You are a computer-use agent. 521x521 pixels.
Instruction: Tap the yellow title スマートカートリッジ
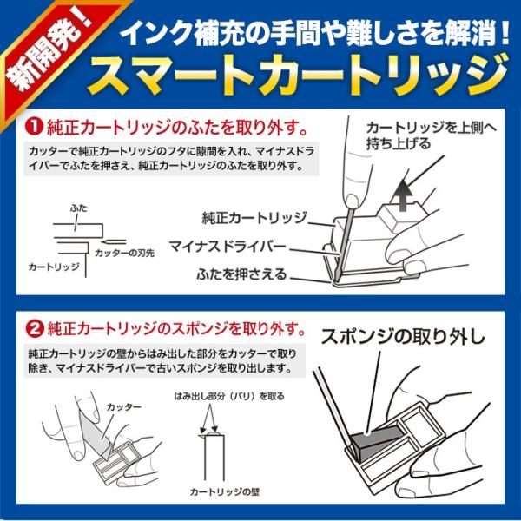[x=298, y=76]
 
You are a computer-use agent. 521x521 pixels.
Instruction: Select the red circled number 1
[x=35, y=127]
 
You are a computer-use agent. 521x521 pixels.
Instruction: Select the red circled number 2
[x=35, y=329]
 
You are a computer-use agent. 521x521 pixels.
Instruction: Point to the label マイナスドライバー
[x=228, y=247]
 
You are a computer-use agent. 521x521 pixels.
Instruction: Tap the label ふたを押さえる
[x=241, y=274]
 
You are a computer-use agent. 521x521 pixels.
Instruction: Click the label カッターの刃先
[x=125, y=254]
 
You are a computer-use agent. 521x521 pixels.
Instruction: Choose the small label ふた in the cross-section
[x=79, y=208]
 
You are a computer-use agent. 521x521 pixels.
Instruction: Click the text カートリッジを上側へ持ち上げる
[x=432, y=136]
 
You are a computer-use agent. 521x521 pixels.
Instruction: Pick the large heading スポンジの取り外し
[x=403, y=337]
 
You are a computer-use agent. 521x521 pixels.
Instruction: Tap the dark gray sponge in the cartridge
[x=375, y=443]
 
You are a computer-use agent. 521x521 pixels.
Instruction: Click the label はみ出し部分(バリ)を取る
[x=229, y=396]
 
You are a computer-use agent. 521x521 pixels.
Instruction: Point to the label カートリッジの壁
[x=225, y=491]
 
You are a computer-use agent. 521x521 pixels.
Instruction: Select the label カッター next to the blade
[x=124, y=407]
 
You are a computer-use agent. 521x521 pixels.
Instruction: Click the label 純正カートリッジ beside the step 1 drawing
[x=254, y=218]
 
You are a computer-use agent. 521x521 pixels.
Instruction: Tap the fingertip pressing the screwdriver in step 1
[x=351, y=201]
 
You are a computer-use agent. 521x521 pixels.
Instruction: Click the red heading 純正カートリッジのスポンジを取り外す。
[x=177, y=329]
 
